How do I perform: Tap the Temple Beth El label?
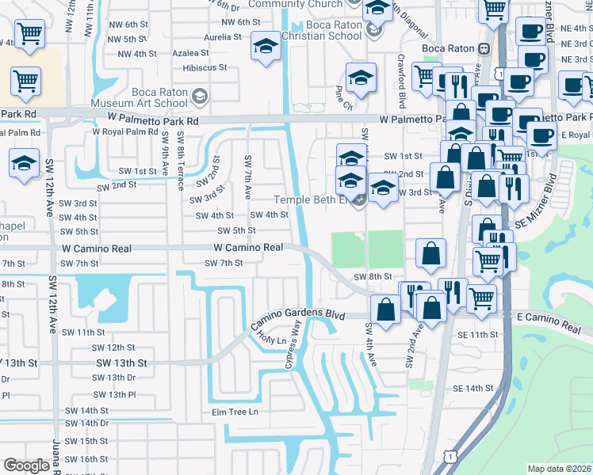coord(311,199)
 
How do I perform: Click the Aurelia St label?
coord(222,37)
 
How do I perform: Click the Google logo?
coord(26,465)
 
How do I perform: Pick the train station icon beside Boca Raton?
coord(480,48)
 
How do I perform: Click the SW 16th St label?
coord(86,459)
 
